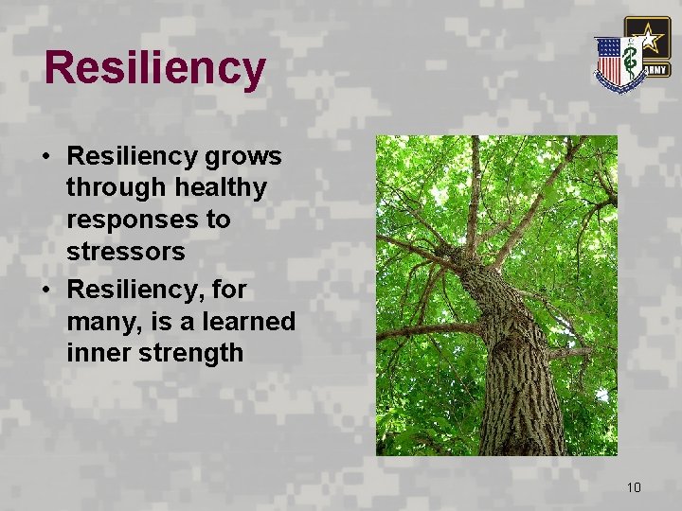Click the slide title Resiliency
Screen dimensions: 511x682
pyautogui.click(x=154, y=68)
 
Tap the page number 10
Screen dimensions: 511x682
pyautogui.click(x=634, y=487)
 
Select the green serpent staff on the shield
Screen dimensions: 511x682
pyautogui.click(x=629, y=59)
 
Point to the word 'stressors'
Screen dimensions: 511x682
pyautogui.click(x=125, y=254)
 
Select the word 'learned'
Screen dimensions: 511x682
pyautogui.click(x=250, y=321)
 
